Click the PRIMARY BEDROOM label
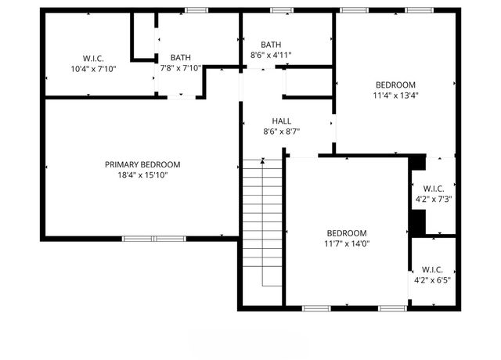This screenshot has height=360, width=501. coord(142,164)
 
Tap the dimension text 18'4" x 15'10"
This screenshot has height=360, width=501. coord(142,175)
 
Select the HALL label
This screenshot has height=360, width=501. coord(282,121)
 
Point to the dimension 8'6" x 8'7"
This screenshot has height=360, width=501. coord(282,131)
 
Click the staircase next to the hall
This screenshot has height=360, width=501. coord(261,227)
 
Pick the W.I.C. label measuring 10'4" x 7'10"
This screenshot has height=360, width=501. coord(93,58)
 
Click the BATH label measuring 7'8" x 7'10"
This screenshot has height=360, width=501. coord(181,57)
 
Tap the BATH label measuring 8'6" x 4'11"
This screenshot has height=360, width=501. coord(271,45)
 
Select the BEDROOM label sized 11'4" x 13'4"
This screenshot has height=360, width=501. coord(395,85)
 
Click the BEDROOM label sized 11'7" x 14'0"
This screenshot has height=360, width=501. coord(346,233)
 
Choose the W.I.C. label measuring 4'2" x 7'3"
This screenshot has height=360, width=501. coord(434,188)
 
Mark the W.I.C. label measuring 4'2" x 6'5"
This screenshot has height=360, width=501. coord(433,268)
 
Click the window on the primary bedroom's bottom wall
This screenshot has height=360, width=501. coord(153,238)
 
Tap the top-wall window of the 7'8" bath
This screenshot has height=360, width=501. coord(196,10)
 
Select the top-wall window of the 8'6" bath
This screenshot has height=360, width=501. coord(282,10)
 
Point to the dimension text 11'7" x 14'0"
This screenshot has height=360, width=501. coord(346,244)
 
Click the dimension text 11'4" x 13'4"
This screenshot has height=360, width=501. coord(395,97)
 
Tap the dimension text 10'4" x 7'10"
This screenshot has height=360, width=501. coord(93,69)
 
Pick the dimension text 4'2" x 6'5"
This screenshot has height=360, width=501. coord(433,279)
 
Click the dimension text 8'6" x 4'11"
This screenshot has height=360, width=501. coord(271,56)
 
